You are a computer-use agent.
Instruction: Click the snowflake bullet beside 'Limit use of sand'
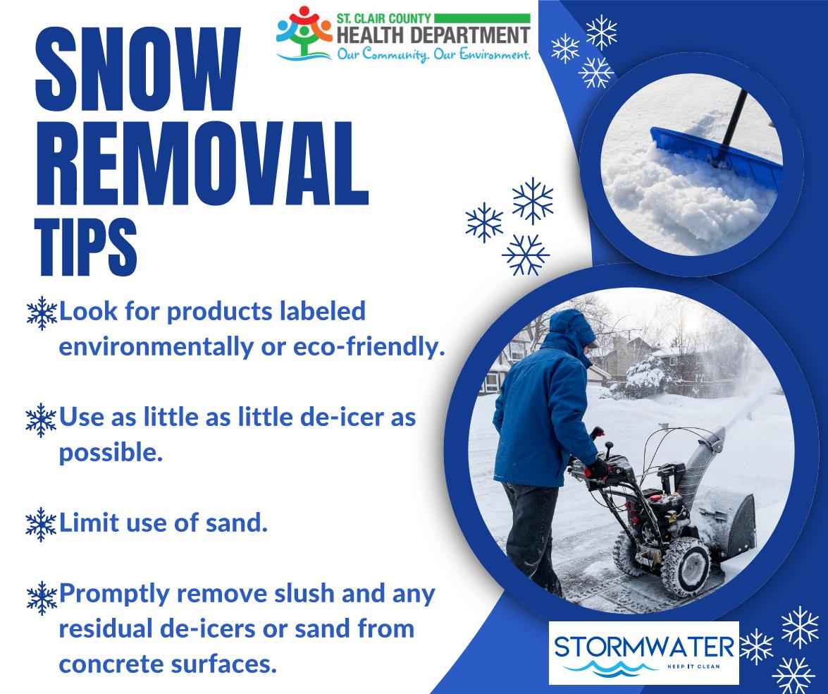point(41,524)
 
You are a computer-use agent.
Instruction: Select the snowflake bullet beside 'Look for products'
point(41,312)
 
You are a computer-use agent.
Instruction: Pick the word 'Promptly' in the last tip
point(113,594)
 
